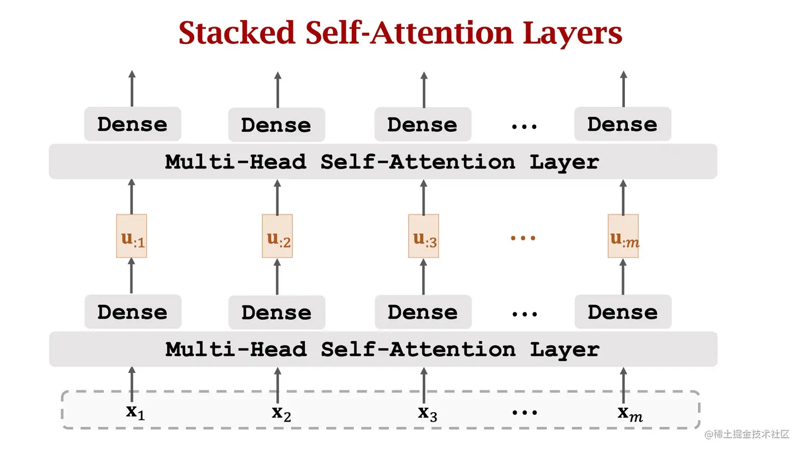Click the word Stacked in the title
click(236, 33)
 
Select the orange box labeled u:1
click(132, 236)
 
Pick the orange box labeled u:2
click(277, 236)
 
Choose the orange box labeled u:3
click(423, 236)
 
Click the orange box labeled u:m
click(623, 236)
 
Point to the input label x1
click(135, 412)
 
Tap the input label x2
click(281, 413)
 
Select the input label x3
click(427, 413)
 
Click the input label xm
click(630, 413)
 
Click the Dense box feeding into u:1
click(133, 312)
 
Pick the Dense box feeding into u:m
click(623, 312)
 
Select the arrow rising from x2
click(277, 385)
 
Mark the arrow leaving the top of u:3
click(423, 197)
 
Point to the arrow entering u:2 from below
click(277, 276)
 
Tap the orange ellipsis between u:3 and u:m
click(523, 238)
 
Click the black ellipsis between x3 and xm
click(525, 413)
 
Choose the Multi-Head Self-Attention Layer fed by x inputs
click(383, 349)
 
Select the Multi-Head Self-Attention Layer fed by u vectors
click(383, 161)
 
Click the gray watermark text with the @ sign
click(747, 434)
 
